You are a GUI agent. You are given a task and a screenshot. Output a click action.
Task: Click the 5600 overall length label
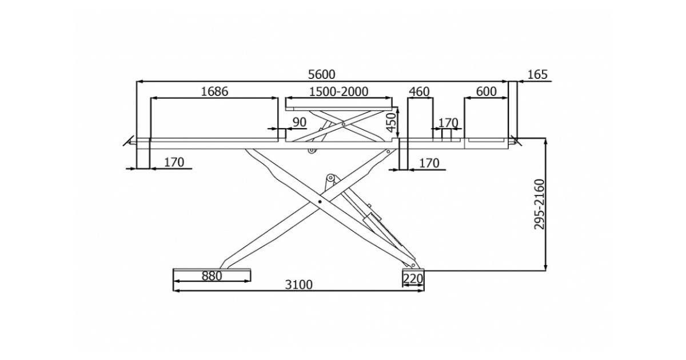[321, 74]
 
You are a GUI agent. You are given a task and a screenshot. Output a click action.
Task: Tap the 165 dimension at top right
[537, 74]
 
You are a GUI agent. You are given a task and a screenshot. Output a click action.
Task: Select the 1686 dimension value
[214, 91]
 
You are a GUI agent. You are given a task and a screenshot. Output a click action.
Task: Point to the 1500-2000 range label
[338, 91]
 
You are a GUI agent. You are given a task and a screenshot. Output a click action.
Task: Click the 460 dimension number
[419, 91]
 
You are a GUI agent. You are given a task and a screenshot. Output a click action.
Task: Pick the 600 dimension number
[486, 91]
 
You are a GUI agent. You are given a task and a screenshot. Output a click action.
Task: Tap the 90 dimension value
[299, 122]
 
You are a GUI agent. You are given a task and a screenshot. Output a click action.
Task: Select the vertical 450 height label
[390, 121]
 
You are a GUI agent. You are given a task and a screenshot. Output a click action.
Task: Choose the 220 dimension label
[412, 278]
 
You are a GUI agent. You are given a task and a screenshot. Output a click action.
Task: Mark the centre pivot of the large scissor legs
[320, 202]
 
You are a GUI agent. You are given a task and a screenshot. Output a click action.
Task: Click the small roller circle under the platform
[312, 150]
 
